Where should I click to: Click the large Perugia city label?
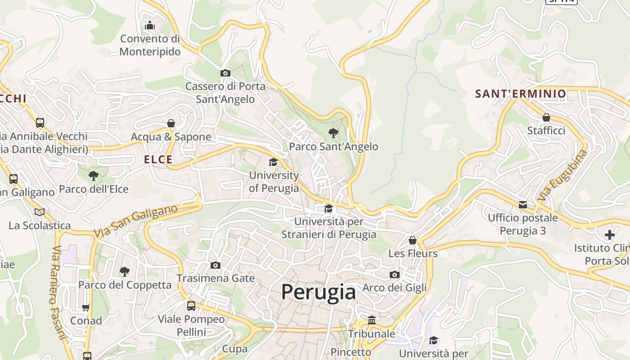pyautogui.click(x=319, y=292)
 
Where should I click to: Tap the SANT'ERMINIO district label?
pyautogui.click(x=521, y=94)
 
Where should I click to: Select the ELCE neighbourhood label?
pyautogui.click(x=158, y=159)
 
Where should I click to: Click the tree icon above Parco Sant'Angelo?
pyautogui.click(x=333, y=133)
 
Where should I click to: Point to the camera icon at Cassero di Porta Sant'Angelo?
pyautogui.click(x=225, y=73)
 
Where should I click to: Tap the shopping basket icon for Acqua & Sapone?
pyautogui.click(x=171, y=123)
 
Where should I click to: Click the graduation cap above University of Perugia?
pyautogui.click(x=273, y=162)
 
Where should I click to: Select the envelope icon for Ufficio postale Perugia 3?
pyautogui.click(x=523, y=205)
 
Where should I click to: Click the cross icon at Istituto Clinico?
pyautogui.click(x=610, y=235)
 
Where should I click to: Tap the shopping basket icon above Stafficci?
pyautogui.click(x=546, y=117)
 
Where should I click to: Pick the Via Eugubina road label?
pyautogui.click(x=562, y=175)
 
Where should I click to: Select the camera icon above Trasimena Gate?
pyautogui.click(x=216, y=265)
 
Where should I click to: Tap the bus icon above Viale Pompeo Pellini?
pyautogui.click(x=191, y=306)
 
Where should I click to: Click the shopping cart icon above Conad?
pyautogui.click(x=86, y=307)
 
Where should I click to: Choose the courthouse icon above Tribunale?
pyautogui.click(x=372, y=320)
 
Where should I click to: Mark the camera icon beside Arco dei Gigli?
pyautogui.click(x=395, y=274)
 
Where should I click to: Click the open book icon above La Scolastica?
pyautogui.click(x=40, y=212)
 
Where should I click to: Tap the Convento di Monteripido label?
pyautogui.click(x=150, y=45)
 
